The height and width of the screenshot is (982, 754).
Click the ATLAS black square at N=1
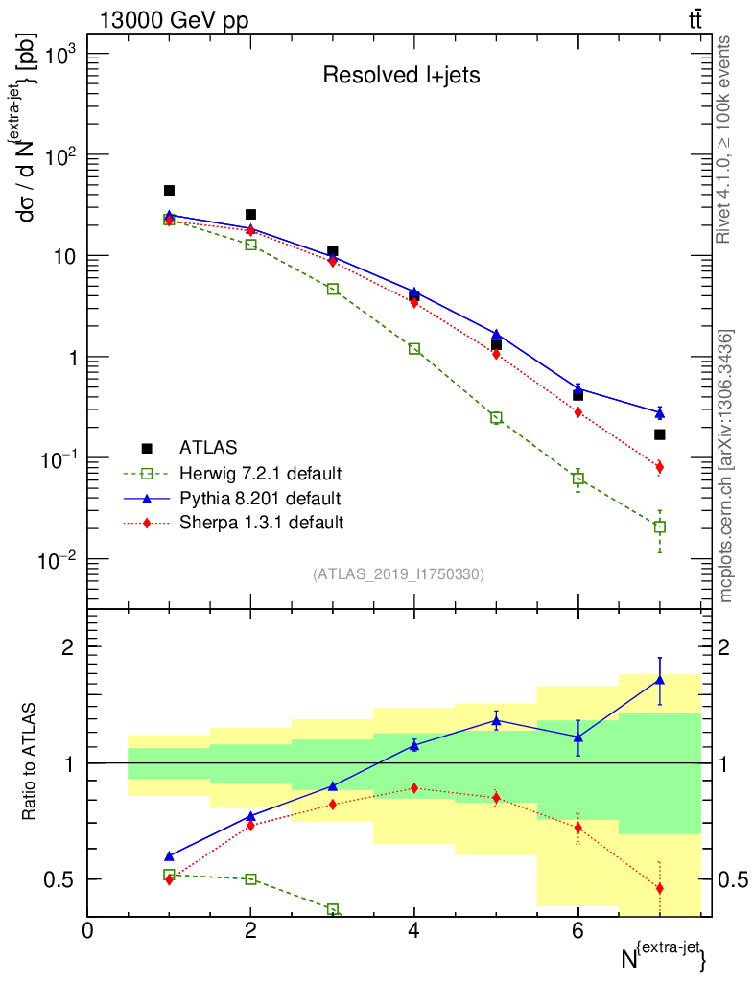169,191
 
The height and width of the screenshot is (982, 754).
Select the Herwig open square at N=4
414,349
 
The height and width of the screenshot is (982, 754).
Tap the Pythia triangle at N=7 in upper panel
659,412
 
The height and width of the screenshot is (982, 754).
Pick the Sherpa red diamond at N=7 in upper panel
659,467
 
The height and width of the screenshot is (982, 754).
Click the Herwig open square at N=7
659,526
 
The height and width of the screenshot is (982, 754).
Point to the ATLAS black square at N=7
659,434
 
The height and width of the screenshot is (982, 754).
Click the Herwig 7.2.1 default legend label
261,474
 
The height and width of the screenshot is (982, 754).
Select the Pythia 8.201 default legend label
259,499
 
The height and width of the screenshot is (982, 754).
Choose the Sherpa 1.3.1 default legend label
261,523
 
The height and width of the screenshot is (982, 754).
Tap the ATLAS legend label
207,448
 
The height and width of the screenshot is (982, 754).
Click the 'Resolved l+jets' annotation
401,76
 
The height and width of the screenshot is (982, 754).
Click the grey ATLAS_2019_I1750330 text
398,574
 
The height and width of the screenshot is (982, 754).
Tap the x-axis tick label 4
414,931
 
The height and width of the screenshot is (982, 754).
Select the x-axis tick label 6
577,931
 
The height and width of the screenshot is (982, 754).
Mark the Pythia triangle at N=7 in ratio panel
659,680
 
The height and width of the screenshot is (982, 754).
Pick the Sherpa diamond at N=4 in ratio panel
414,788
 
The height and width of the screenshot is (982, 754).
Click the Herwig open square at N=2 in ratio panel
250,878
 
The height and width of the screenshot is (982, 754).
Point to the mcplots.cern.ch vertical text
727,466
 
